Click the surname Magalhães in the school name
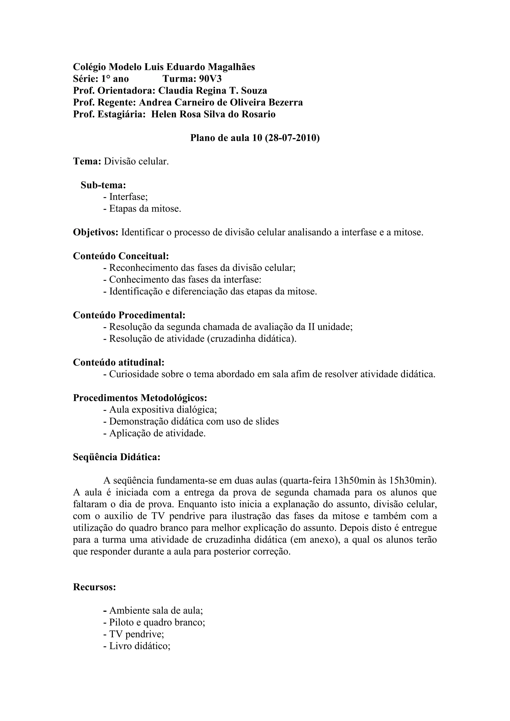[232, 67]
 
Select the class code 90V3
[210, 79]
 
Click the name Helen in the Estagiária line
[164, 115]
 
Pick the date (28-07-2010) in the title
[292, 138]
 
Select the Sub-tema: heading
[103, 185]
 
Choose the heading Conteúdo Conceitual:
[121, 256]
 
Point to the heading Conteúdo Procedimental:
[129, 315]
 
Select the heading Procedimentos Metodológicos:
[140, 398]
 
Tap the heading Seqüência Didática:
[117, 457]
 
